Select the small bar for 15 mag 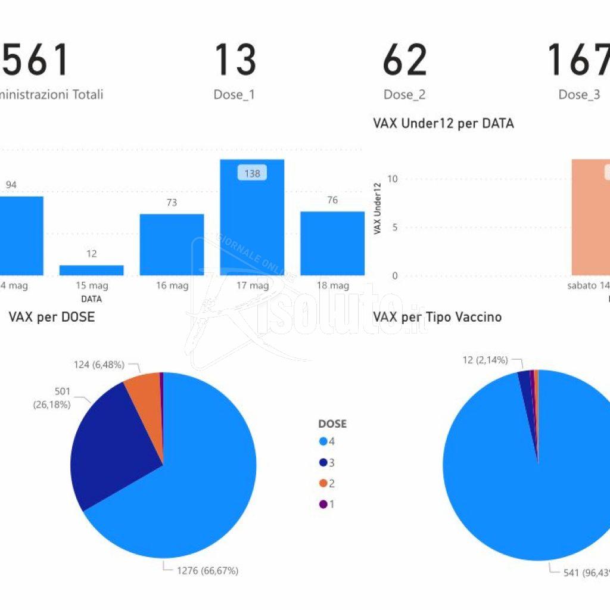coord(91,270)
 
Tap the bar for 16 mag coord(172,245)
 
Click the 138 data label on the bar coord(252,173)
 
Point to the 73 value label coord(172,203)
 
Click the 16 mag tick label coord(172,285)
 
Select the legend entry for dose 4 coord(328,441)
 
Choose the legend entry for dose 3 coord(328,462)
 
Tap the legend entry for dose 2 coord(328,483)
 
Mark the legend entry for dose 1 coord(328,504)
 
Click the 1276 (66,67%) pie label coord(207,571)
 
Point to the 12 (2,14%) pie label coord(485,360)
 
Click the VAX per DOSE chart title coord(51,317)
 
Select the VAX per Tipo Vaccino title coord(437,317)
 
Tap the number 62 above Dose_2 coord(405,61)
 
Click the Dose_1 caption coord(234,94)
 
